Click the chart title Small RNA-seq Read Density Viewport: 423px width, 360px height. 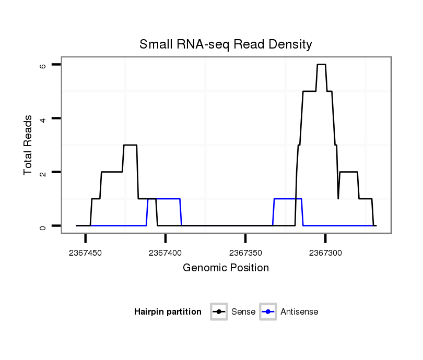point(226,44)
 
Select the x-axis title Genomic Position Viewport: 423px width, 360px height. point(226,268)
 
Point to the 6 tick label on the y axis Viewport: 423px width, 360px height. point(44,66)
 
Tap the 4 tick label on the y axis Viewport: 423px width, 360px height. point(44,119)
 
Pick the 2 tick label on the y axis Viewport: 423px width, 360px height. point(44,173)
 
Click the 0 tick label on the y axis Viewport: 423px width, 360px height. point(44,226)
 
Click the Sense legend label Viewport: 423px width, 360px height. point(243,312)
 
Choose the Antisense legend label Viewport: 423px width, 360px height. point(299,312)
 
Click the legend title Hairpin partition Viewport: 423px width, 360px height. point(168,312)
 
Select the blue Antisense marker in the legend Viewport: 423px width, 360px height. point(268,312)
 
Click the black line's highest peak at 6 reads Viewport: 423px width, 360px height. point(321,65)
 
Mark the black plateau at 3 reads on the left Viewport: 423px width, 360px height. point(130,145)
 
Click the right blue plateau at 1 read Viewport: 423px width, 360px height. point(287,199)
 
